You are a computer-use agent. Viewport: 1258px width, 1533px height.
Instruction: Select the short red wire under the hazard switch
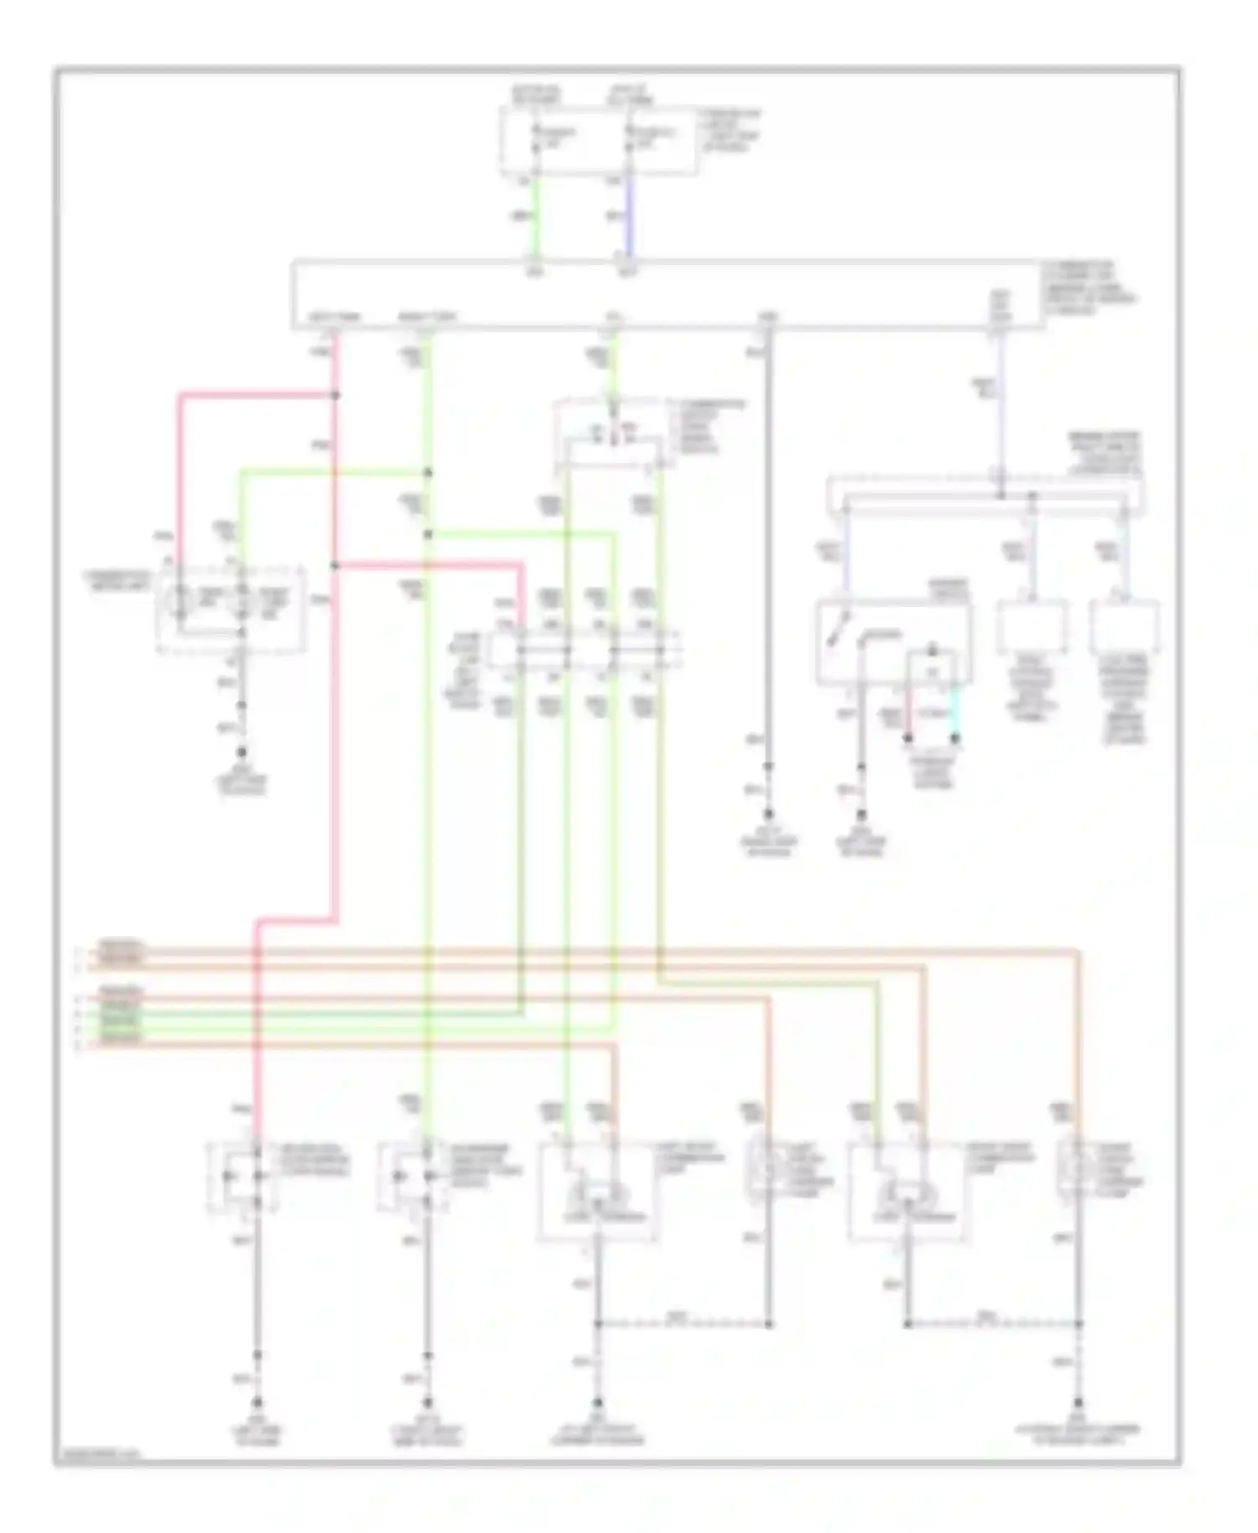(x=907, y=711)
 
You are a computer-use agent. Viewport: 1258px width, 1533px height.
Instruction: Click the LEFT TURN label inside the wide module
(x=335, y=318)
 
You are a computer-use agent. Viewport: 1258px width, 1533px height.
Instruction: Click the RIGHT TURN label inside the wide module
(x=427, y=318)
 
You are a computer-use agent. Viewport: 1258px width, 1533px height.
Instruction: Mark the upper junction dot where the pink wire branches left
(x=335, y=394)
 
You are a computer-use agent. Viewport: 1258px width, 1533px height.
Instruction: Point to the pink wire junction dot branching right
(x=335, y=565)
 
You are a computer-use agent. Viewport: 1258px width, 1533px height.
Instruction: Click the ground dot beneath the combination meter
(x=242, y=752)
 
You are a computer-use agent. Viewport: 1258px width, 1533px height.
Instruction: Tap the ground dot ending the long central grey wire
(x=768, y=813)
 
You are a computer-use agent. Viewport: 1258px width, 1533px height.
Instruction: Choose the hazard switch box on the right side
(x=894, y=642)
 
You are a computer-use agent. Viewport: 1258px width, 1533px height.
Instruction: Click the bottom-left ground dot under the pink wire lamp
(x=257, y=1402)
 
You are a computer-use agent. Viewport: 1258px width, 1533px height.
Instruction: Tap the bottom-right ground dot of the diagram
(x=1079, y=1402)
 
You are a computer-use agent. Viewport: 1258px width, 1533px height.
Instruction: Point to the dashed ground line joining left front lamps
(x=684, y=1324)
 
